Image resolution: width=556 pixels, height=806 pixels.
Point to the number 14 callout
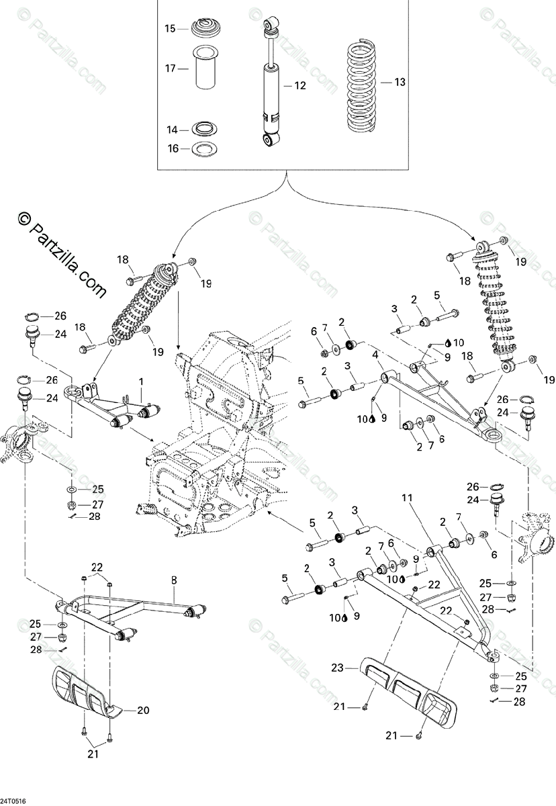[172, 130]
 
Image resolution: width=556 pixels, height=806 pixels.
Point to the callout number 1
[141, 381]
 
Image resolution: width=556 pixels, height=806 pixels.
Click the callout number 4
[375, 354]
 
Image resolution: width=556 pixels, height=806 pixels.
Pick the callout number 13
[400, 82]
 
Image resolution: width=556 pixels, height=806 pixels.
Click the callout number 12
[299, 86]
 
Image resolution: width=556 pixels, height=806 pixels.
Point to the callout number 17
[170, 69]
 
